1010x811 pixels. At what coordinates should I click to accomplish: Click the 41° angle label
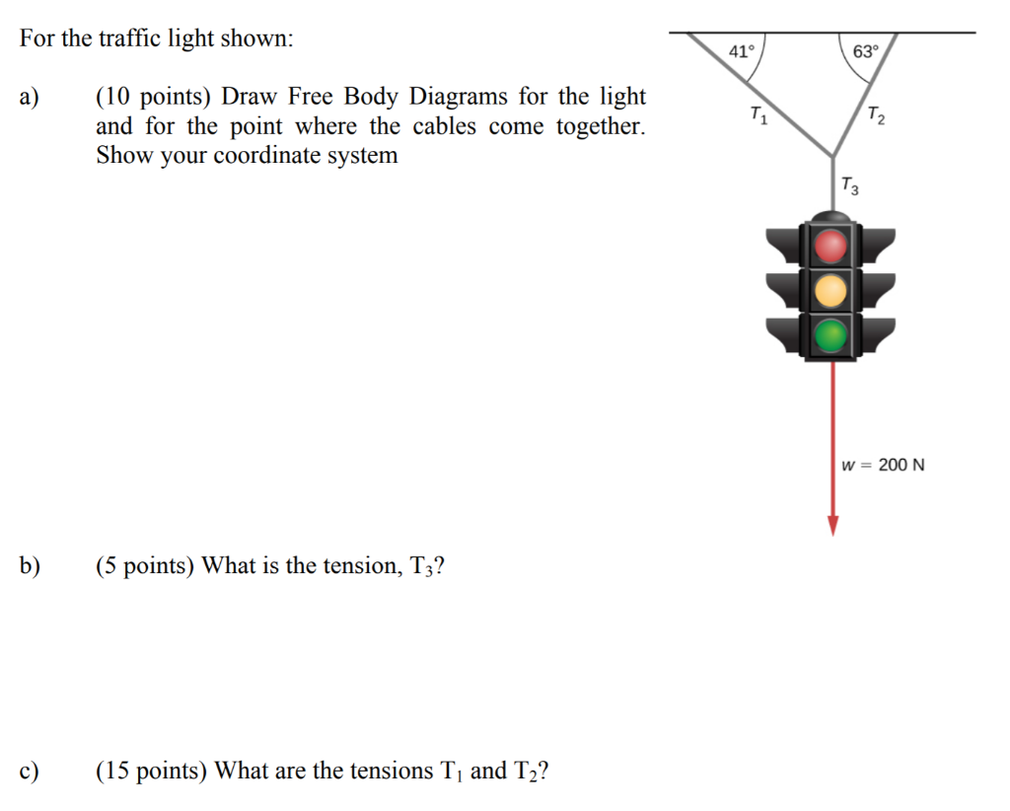tap(741, 50)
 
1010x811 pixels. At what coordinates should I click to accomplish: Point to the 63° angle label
tap(864, 51)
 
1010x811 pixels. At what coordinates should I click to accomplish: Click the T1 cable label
tap(757, 115)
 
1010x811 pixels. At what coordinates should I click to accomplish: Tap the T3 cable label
tap(849, 184)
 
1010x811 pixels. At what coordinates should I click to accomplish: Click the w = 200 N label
tap(883, 465)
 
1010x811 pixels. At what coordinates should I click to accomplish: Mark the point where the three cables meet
tap(833, 156)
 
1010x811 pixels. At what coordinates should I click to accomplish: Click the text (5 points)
tap(145, 565)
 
